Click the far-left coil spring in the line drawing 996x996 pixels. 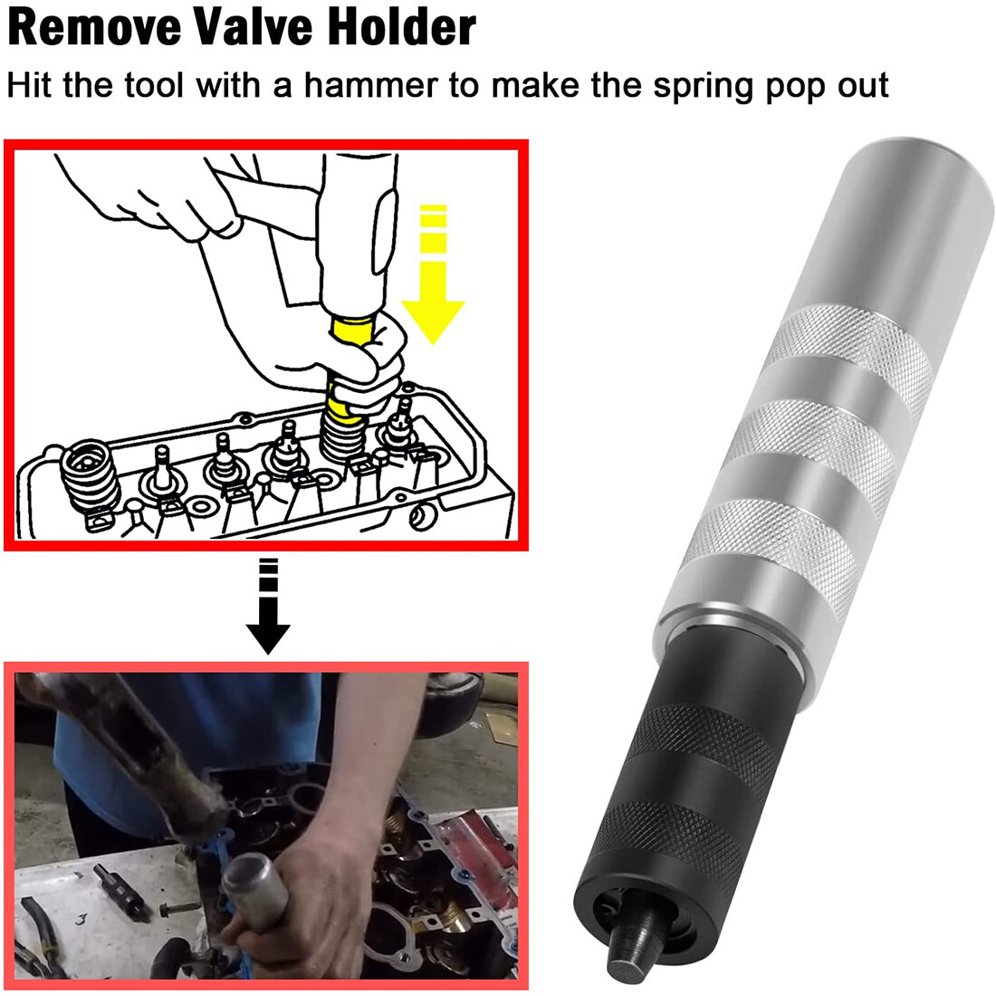(89, 475)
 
